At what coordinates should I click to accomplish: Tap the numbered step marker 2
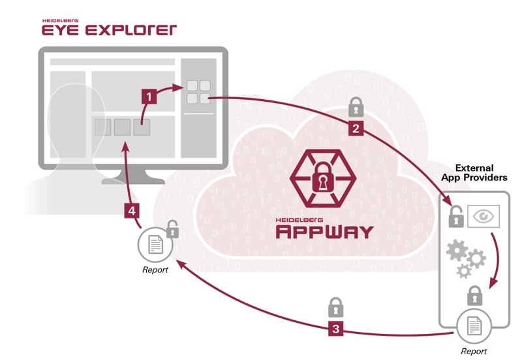click(356, 128)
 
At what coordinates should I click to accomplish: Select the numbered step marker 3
click(335, 329)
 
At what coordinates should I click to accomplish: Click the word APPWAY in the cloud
click(324, 231)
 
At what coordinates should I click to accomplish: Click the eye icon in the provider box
click(484, 216)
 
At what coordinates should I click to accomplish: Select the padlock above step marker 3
click(335, 305)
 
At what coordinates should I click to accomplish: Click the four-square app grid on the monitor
click(198, 91)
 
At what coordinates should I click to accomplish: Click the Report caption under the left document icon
click(156, 269)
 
